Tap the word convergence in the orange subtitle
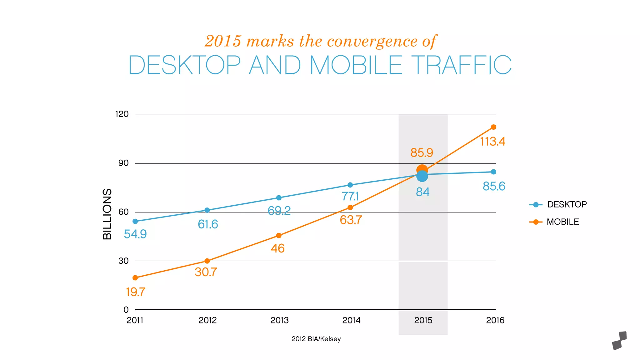[372, 41]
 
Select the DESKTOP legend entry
[558, 205]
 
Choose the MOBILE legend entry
[554, 222]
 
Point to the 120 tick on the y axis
[122, 114]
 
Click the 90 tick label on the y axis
[123, 163]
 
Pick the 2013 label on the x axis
[279, 320]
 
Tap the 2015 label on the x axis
[423, 320]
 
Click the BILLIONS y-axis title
[107, 214]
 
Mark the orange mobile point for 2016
[493, 127]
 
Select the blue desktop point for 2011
[135, 221]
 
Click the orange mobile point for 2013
[279, 235]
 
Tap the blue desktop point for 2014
[350, 185]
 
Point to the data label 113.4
[492, 142]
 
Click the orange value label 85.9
[422, 153]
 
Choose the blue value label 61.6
[208, 224]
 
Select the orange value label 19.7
[135, 292]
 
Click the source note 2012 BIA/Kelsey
[316, 339]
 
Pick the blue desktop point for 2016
[493, 172]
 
